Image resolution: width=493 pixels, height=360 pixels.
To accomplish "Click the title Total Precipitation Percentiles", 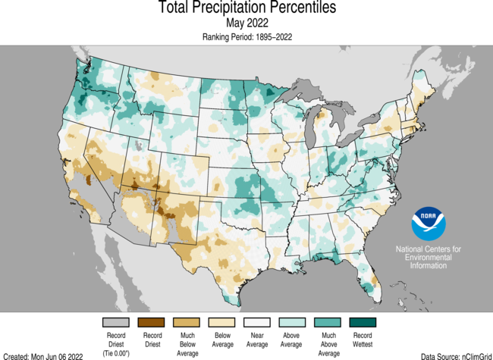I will [x=246, y=8].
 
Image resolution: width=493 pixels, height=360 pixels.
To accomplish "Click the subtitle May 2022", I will [x=246, y=23].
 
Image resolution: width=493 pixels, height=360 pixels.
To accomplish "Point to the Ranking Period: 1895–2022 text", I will [x=246, y=36].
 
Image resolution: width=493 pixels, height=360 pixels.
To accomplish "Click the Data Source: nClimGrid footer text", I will [x=454, y=355].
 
